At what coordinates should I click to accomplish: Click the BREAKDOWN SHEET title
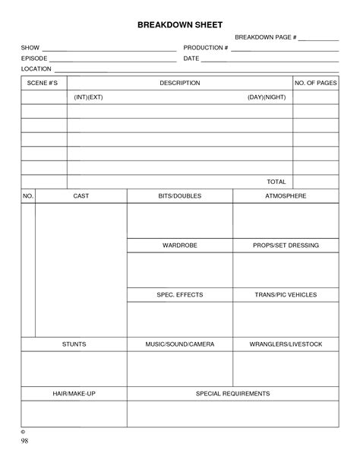tap(179, 24)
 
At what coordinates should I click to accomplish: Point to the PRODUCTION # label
tap(205, 48)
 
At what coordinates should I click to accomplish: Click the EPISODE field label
tap(34, 59)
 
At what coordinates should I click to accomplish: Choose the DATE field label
tap(191, 59)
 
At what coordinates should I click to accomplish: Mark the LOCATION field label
tap(36, 69)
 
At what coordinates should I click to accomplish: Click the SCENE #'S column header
tap(43, 83)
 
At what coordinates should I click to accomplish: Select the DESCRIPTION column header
tap(179, 83)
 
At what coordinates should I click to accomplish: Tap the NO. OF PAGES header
tap(315, 83)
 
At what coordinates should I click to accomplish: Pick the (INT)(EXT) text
tap(89, 98)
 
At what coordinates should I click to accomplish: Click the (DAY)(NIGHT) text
tap(267, 98)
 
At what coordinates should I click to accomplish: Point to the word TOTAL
tap(276, 182)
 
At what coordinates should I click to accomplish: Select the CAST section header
tap(81, 196)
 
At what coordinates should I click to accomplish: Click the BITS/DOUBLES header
tap(179, 196)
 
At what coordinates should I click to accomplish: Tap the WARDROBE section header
tap(179, 246)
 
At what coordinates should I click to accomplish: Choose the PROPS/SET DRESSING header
tap(286, 246)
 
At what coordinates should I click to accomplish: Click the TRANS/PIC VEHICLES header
tap(286, 294)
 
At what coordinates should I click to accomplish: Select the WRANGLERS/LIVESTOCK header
tap(286, 344)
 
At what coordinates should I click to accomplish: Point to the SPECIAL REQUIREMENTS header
tap(232, 393)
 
